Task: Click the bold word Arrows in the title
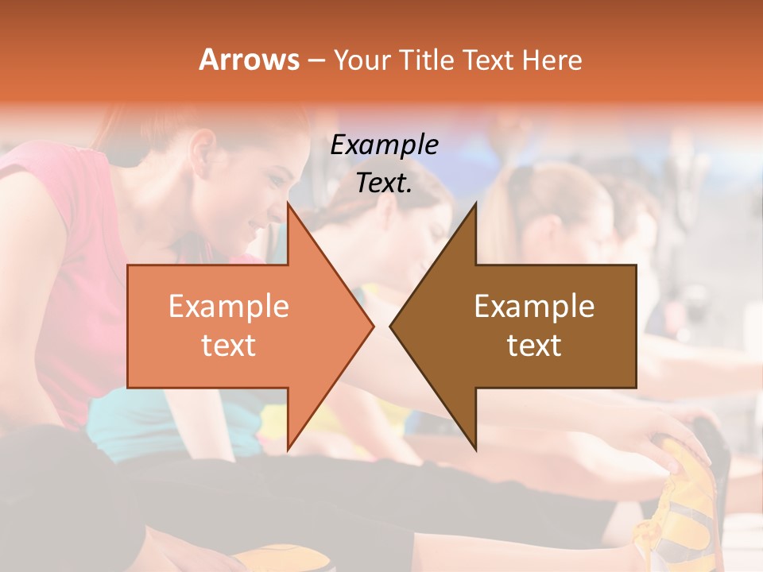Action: pos(249,60)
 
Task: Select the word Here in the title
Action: pos(553,60)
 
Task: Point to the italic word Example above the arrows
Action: pos(384,145)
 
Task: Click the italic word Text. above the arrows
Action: pos(384,183)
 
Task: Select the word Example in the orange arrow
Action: pos(229,306)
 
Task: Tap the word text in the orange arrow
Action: pos(229,345)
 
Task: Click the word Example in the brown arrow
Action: pos(534,306)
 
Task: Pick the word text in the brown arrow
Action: pos(534,345)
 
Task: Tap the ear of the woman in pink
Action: pos(203,147)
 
